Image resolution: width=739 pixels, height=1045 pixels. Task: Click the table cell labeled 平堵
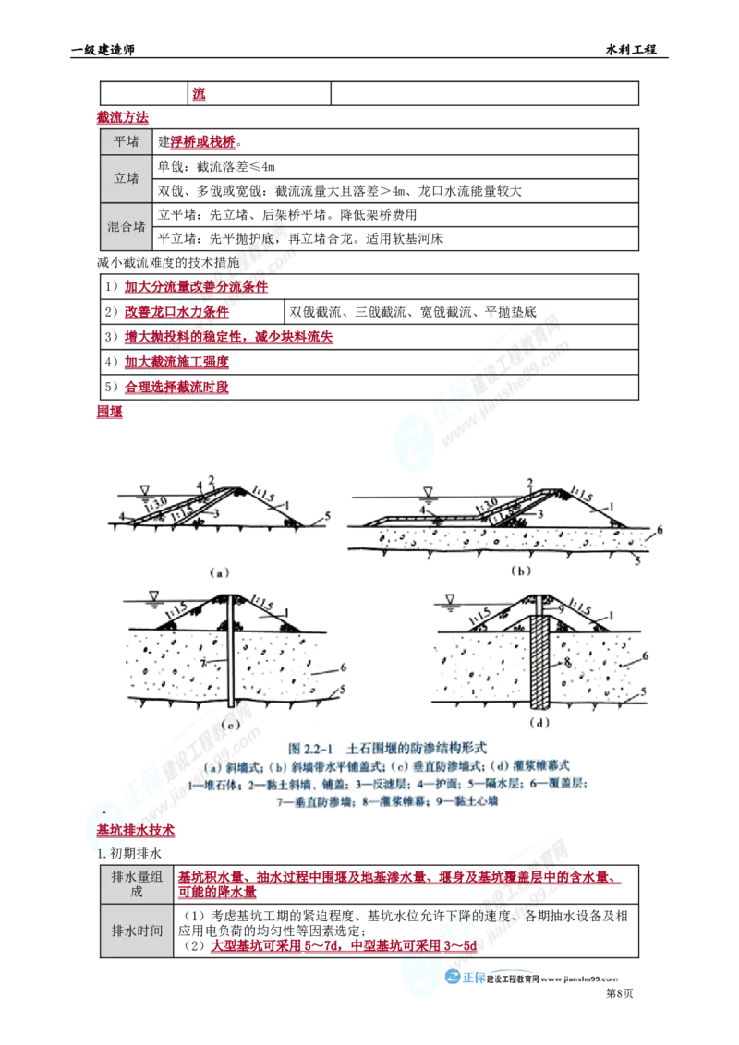tap(127, 141)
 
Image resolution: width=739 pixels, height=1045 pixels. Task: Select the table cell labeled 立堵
tap(127, 178)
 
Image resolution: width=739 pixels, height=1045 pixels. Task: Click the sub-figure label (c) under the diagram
tap(231, 725)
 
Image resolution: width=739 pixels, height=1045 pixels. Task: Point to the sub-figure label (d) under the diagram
tap(540, 723)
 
